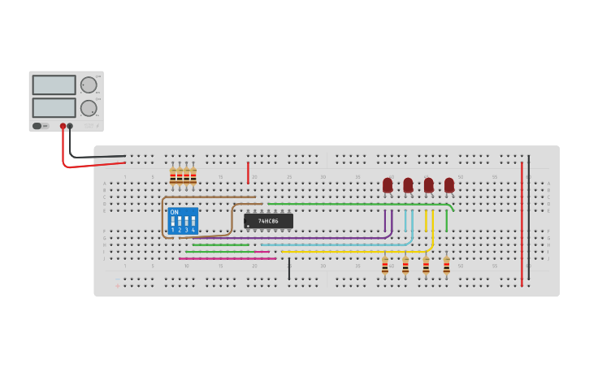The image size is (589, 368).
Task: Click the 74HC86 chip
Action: coord(268,221)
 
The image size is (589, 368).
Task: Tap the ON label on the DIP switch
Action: coord(174,212)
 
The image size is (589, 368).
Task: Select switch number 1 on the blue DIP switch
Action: coord(173,222)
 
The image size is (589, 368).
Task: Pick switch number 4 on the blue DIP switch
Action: coord(193,222)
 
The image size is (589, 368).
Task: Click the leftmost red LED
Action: coord(388,185)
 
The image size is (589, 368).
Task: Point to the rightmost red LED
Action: coord(449,185)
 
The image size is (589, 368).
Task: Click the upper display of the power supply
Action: coord(54,84)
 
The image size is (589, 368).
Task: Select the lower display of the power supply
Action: coord(54,107)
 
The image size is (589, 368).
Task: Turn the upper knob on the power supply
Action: coord(88,84)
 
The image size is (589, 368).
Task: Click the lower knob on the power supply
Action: coord(88,107)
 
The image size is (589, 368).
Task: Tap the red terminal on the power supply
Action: coord(63,126)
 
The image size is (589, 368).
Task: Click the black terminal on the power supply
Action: coord(70,126)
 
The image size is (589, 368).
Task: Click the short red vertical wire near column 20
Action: coord(249,172)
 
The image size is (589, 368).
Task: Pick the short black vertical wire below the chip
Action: coord(289,268)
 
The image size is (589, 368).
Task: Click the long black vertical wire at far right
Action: coord(529,219)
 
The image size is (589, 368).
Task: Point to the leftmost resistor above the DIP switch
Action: coord(173,175)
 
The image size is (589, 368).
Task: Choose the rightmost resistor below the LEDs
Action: coord(446,266)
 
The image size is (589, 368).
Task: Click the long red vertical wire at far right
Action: coord(522,223)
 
